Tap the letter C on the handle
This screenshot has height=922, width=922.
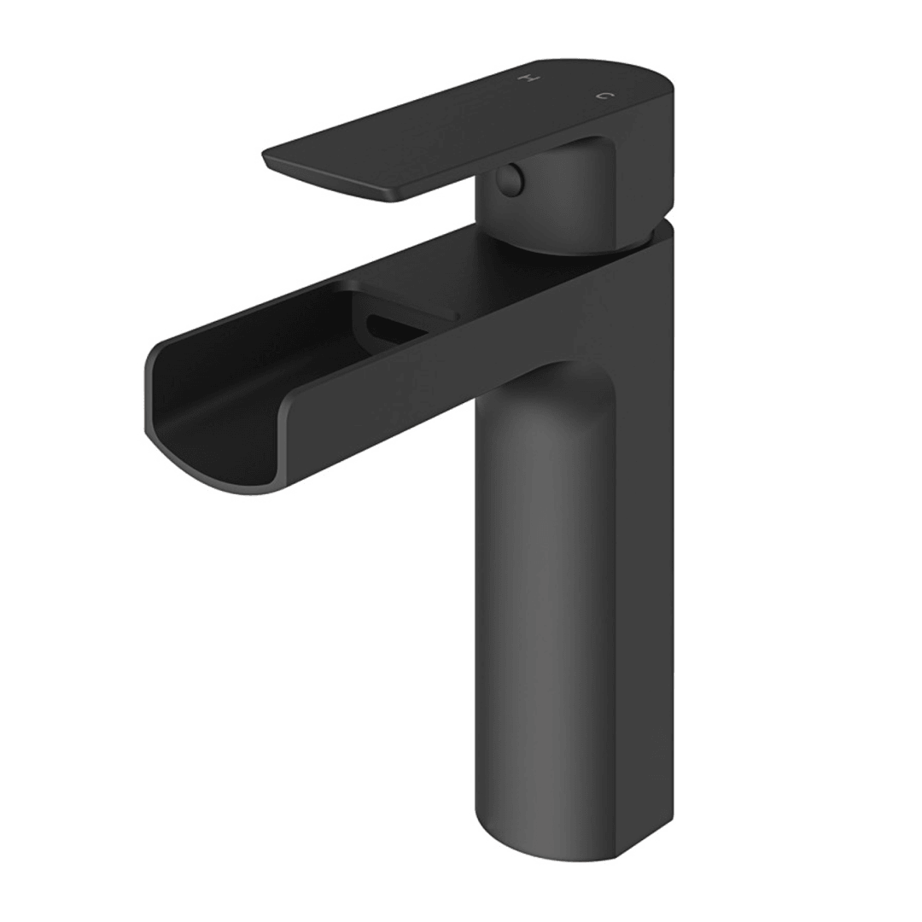click(x=603, y=96)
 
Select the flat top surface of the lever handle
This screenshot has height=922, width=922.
click(x=444, y=128)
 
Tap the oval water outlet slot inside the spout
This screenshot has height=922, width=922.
click(x=394, y=329)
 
